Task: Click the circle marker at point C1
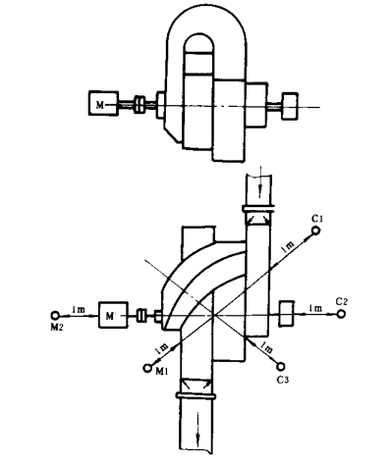(315, 231)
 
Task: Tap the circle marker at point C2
(341, 314)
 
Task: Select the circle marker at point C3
(281, 367)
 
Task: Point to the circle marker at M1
(147, 368)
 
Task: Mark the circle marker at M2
(55, 315)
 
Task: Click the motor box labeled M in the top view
(103, 103)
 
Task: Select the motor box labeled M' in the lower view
(113, 315)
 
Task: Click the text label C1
(317, 219)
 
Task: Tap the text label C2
(341, 302)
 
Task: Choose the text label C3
(283, 380)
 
